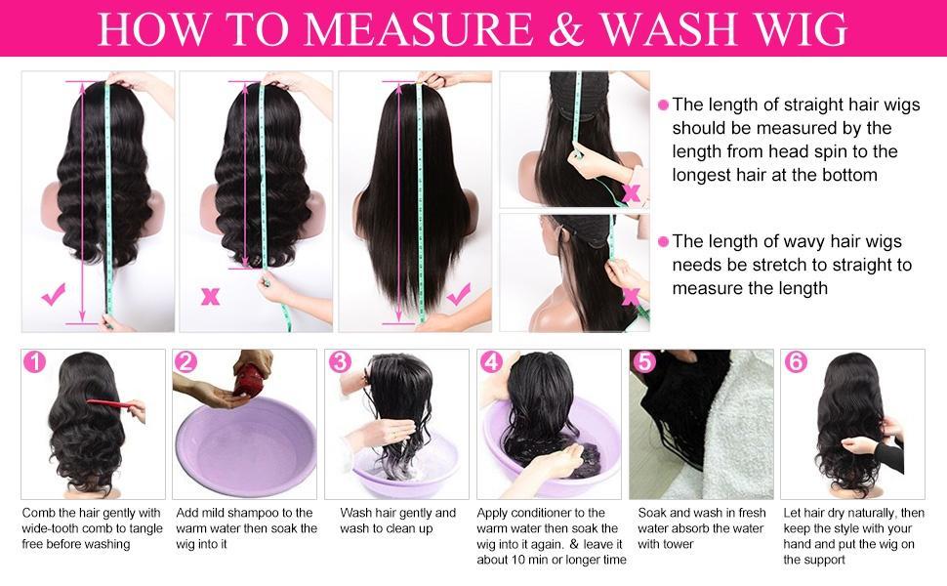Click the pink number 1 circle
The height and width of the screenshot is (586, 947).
[x=34, y=362]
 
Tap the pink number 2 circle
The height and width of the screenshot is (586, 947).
[x=186, y=362]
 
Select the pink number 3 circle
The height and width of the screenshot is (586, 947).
[x=340, y=362]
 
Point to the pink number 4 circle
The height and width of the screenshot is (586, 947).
[x=491, y=362]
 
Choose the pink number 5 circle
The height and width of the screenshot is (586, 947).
[x=644, y=362]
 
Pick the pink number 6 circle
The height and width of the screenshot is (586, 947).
[x=796, y=362]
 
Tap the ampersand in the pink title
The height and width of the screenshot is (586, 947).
[x=566, y=29]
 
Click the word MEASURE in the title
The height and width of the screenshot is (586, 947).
[x=418, y=29]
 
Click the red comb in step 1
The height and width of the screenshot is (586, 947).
[x=114, y=404]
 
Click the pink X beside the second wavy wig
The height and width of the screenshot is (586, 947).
[x=210, y=297]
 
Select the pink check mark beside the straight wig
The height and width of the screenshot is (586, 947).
[x=459, y=295]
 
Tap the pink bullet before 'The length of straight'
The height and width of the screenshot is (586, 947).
[x=663, y=105]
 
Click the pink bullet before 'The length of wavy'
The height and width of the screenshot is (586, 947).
[x=663, y=241]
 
